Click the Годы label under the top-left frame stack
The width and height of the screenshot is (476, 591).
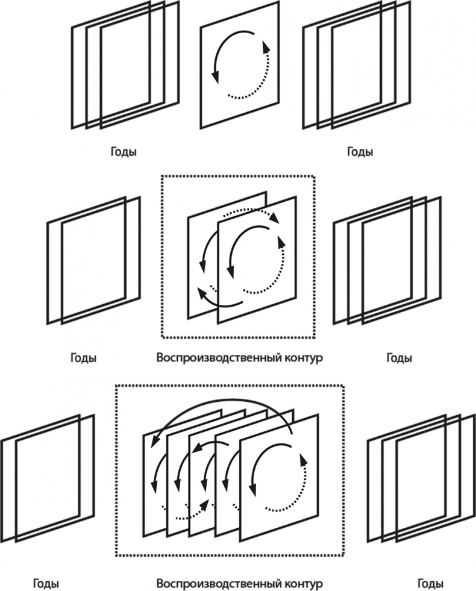pos(124,152)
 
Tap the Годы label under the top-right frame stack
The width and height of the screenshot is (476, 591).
pos(360,152)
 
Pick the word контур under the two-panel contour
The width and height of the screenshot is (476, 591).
pos(301,357)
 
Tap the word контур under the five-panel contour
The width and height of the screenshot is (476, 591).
pos(301,584)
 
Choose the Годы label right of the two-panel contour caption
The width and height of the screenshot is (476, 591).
pos(399,358)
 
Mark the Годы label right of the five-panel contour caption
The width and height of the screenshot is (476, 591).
pos(431,584)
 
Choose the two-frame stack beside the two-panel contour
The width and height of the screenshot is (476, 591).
pos(93,259)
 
